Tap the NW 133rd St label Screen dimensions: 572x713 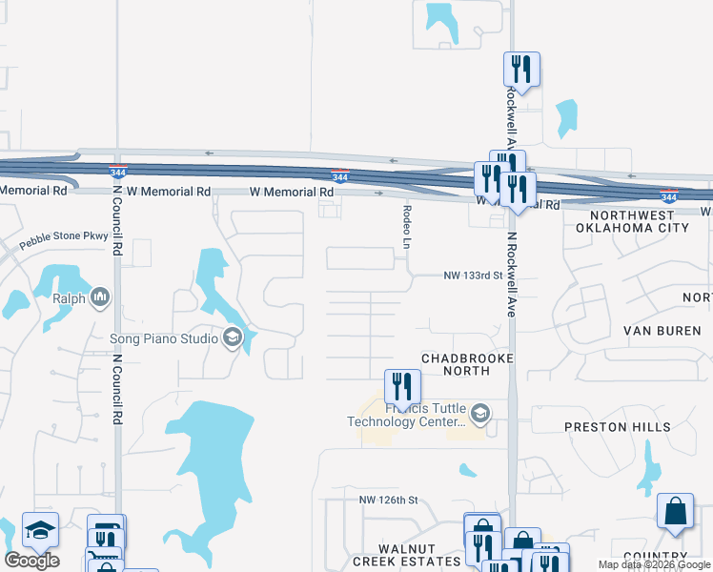473,276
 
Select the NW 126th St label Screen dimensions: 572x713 389,500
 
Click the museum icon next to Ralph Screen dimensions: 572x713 100,298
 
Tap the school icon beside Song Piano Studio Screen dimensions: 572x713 232,337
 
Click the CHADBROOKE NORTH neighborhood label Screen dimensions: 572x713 468,365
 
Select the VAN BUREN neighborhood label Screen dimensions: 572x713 662,331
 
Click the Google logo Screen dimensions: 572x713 31,561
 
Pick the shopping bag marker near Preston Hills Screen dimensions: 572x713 675,510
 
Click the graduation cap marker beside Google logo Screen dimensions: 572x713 40,530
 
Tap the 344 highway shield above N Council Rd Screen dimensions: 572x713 118,173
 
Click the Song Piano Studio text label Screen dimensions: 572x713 166,337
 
